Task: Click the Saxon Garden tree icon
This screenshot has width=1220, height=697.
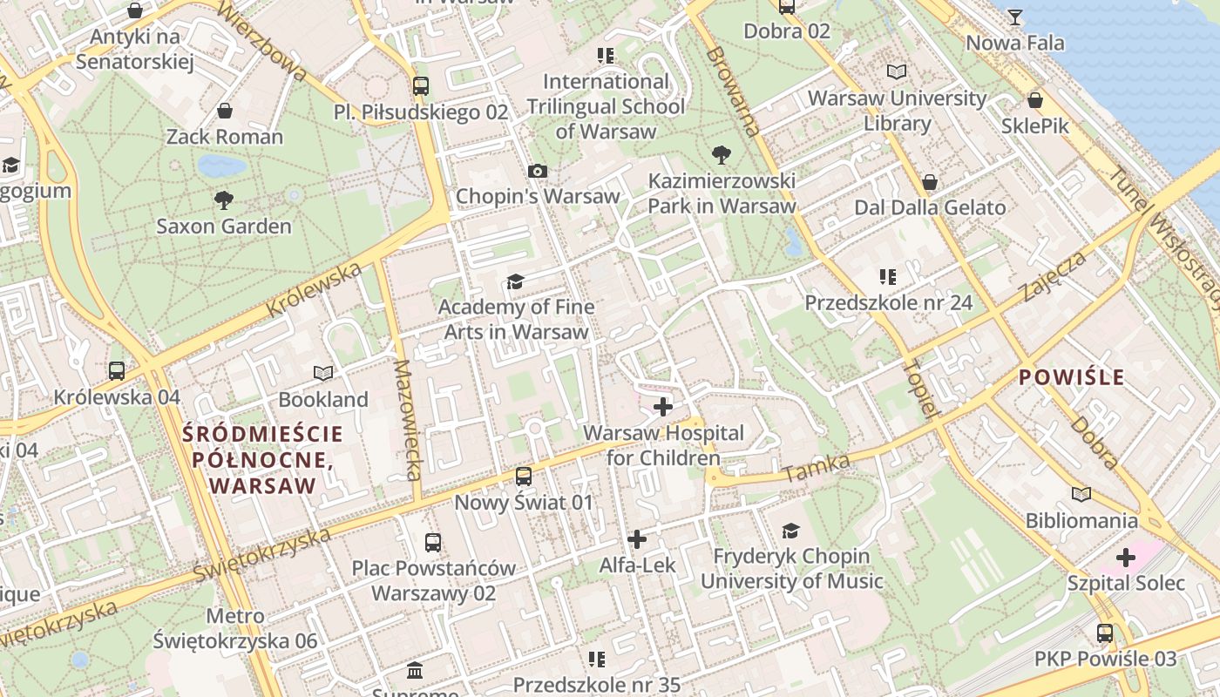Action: tap(224, 200)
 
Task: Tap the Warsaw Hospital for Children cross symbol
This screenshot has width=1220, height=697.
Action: tap(663, 406)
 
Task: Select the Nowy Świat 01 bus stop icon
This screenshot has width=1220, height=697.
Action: tap(523, 477)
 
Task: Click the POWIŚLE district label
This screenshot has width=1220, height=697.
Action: tap(1071, 377)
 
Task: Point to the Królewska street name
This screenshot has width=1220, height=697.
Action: tap(313, 290)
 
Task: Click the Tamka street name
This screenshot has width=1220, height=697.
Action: tap(816, 469)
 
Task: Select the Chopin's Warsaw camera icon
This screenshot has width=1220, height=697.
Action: tap(538, 171)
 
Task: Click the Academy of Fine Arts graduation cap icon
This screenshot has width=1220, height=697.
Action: tap(516, 281)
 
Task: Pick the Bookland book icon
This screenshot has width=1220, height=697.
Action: tap(323, 373)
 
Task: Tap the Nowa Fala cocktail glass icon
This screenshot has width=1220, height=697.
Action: tap(1015, 17)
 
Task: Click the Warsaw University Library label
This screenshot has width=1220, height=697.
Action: tap(897, 111)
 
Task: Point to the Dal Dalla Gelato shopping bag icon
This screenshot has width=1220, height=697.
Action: tap(930, 182)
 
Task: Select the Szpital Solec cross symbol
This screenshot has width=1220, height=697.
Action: tap(1126, 557)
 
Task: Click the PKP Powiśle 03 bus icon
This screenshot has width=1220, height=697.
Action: tap(1105, 633)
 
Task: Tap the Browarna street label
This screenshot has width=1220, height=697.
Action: tap(733, 91)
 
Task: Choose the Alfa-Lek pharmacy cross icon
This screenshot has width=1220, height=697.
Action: tap(637, 539)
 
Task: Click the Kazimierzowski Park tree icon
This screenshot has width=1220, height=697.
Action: tap(721, 155)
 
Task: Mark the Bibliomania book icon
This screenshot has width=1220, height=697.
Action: tap(1081, 494)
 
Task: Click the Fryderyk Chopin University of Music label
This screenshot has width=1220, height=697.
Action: tap(791, 568)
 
